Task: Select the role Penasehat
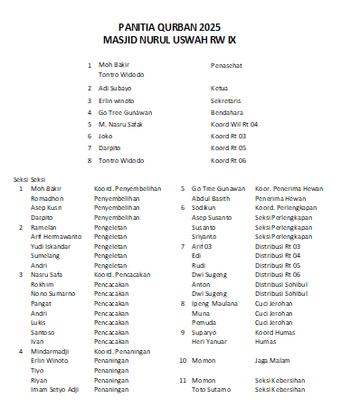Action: (226, 65)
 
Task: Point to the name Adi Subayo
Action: (115, 89)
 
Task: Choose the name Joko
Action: (106, 136)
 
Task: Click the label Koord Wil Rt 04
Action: (234, 124)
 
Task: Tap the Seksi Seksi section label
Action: (28, 179)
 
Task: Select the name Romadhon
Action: (48, 197)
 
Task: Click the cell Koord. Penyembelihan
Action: (128, 188)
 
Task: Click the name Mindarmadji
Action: (52, 349)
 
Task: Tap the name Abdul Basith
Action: (211, 197)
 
